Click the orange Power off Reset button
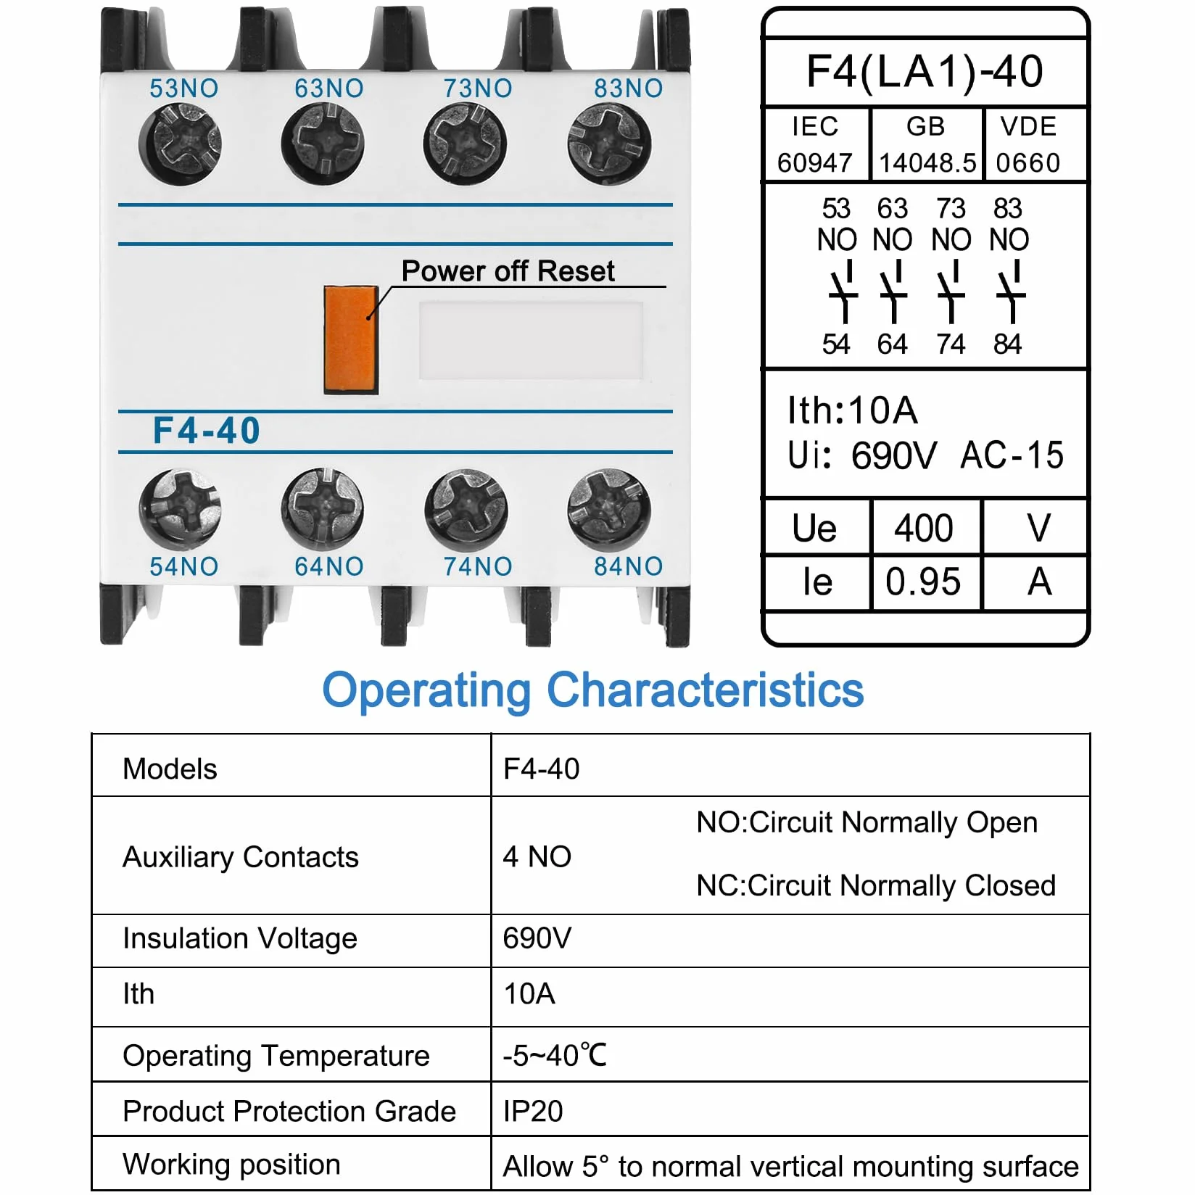(x=351, y=339)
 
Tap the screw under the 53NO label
(x=180, y=144)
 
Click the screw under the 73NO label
(x=466, y=144)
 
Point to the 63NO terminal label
(x=329, y=88)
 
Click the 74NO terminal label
(x=478, y=566)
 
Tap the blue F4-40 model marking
(x=207, y=431)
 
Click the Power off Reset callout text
(x=508, y=271)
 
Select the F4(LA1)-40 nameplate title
(x=925, y=71)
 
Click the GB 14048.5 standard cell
(x=927, y=144)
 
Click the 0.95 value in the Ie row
(x=923, y=582)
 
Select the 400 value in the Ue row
(x=923, y=528)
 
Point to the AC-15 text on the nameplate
(x=1012, y=455)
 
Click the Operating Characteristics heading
(x=593, y=690)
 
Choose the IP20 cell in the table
(x=533, y=1111)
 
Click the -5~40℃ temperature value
(x=555, y=1055)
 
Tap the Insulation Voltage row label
(x=240, y=938)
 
